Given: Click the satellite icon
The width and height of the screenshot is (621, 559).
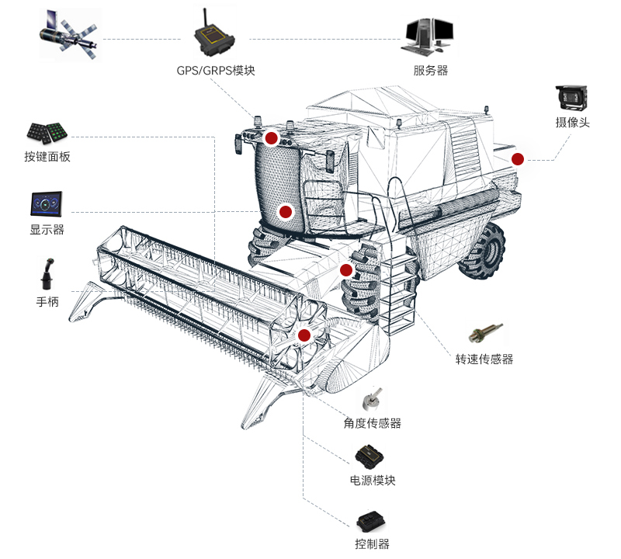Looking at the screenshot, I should [69, 34].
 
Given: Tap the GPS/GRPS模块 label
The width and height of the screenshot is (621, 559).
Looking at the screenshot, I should [215, 71].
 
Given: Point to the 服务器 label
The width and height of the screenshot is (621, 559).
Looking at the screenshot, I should [431, 71].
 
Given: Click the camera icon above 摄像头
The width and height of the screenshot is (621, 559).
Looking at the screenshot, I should [571, 97].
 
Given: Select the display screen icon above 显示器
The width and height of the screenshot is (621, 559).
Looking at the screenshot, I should [49, 205].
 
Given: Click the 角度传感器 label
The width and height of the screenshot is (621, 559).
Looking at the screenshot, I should [373, 424].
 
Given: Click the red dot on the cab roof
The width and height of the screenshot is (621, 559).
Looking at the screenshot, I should [271, 138].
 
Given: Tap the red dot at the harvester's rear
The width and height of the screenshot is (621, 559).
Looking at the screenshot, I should [518, 159].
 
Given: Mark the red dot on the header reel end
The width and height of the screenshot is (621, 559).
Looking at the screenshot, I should [304, 335].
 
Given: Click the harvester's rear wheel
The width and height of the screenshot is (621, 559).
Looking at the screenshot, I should [482, 250].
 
